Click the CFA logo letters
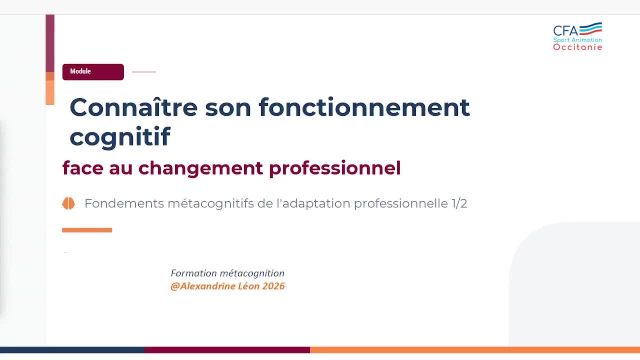click(566, 31)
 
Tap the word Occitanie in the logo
click(578, 47)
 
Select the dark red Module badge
click(93, 72)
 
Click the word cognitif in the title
click(120, 135)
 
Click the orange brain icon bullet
click(69, 203)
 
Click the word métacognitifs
click(216, 203)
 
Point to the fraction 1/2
click(457, 203)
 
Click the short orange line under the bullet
click(87, 230)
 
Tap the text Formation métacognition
click(228, 273)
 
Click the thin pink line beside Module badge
click(144, 72)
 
